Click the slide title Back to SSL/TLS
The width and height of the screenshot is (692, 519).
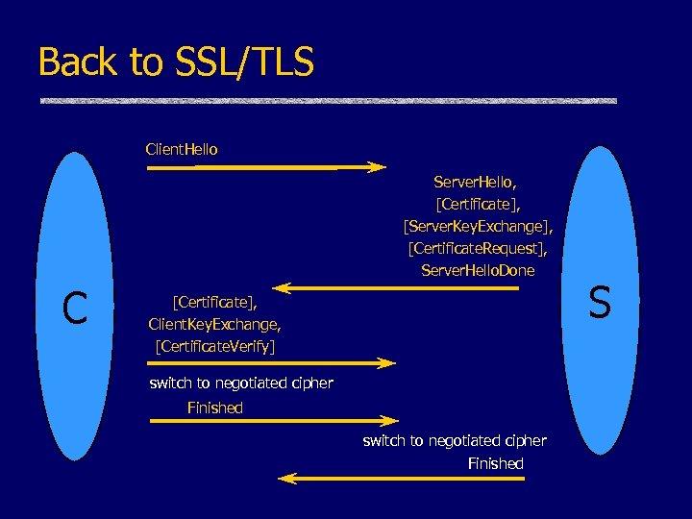coord(176,62)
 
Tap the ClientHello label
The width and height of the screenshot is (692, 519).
coord(182,150)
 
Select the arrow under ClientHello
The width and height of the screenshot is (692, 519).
coord(265,167)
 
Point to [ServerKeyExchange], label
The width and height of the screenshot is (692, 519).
coord(478,226)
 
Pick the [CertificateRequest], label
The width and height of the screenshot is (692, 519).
coord(478,249)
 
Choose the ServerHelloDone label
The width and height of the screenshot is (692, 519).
coord(478,271)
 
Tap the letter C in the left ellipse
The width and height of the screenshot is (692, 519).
coord(75,308)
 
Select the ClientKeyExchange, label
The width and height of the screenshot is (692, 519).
coord(215,324)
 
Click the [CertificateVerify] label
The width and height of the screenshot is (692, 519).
coord(215,346)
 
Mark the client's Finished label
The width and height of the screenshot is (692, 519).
coord(215,408)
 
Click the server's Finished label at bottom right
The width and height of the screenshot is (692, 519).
coord(496,463)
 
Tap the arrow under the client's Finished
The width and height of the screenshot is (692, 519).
coord(273,421)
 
